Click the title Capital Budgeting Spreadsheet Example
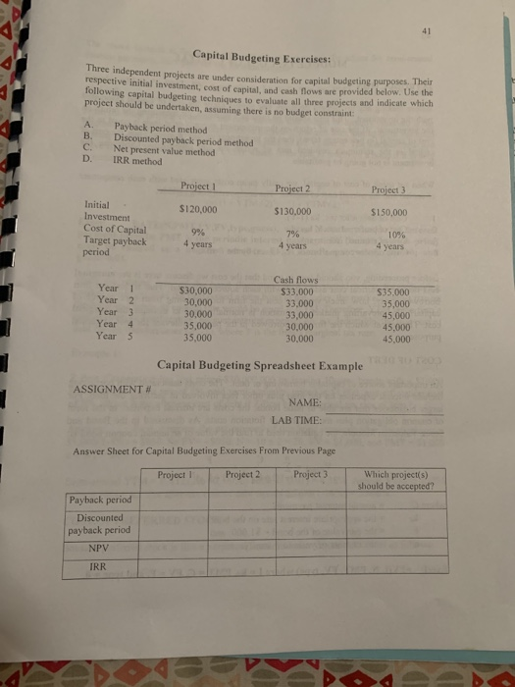(260, 366)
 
